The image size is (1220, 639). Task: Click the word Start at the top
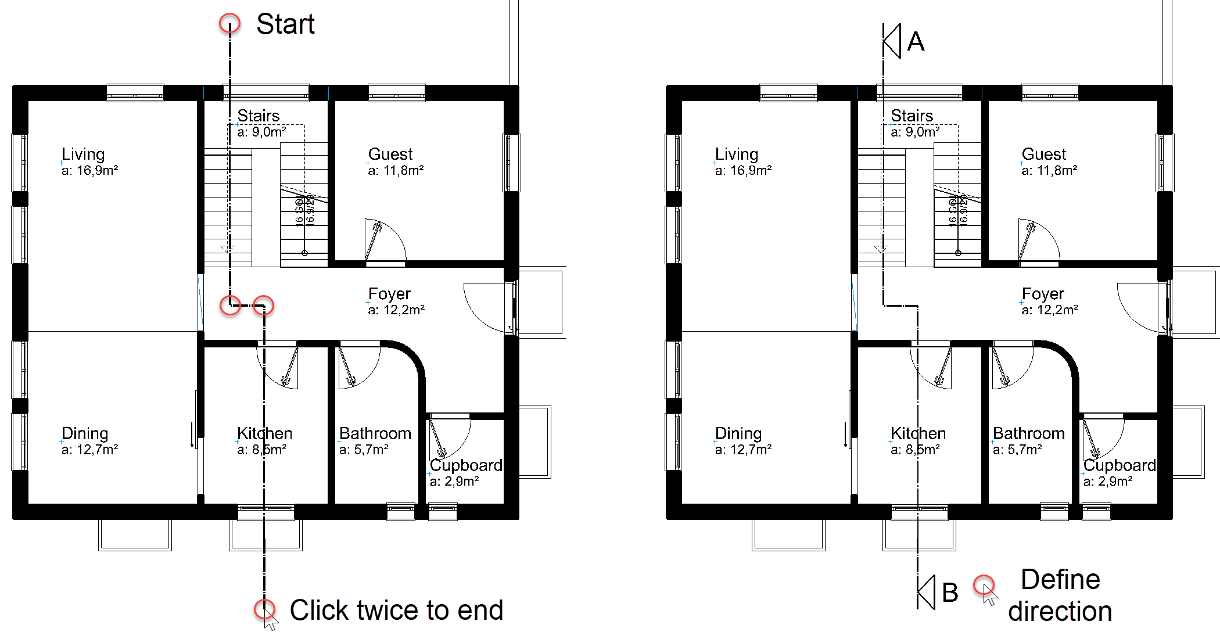285,24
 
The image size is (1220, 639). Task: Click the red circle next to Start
230,23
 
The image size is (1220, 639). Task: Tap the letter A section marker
916,41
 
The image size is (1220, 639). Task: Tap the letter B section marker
950,593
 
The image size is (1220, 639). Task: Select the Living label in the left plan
83,154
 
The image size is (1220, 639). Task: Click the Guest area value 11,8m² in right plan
1050,170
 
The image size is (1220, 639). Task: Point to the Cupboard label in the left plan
466,465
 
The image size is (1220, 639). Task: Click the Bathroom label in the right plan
1028,433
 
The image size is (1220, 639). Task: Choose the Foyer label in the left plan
389,293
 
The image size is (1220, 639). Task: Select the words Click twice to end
396,610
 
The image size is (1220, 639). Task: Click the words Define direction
1060,595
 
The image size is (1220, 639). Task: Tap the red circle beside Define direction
984,584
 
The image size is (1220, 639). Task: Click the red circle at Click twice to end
264,609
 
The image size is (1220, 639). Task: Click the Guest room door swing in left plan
383,240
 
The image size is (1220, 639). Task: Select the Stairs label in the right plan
912,116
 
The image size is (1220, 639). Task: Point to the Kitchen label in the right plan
918,433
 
